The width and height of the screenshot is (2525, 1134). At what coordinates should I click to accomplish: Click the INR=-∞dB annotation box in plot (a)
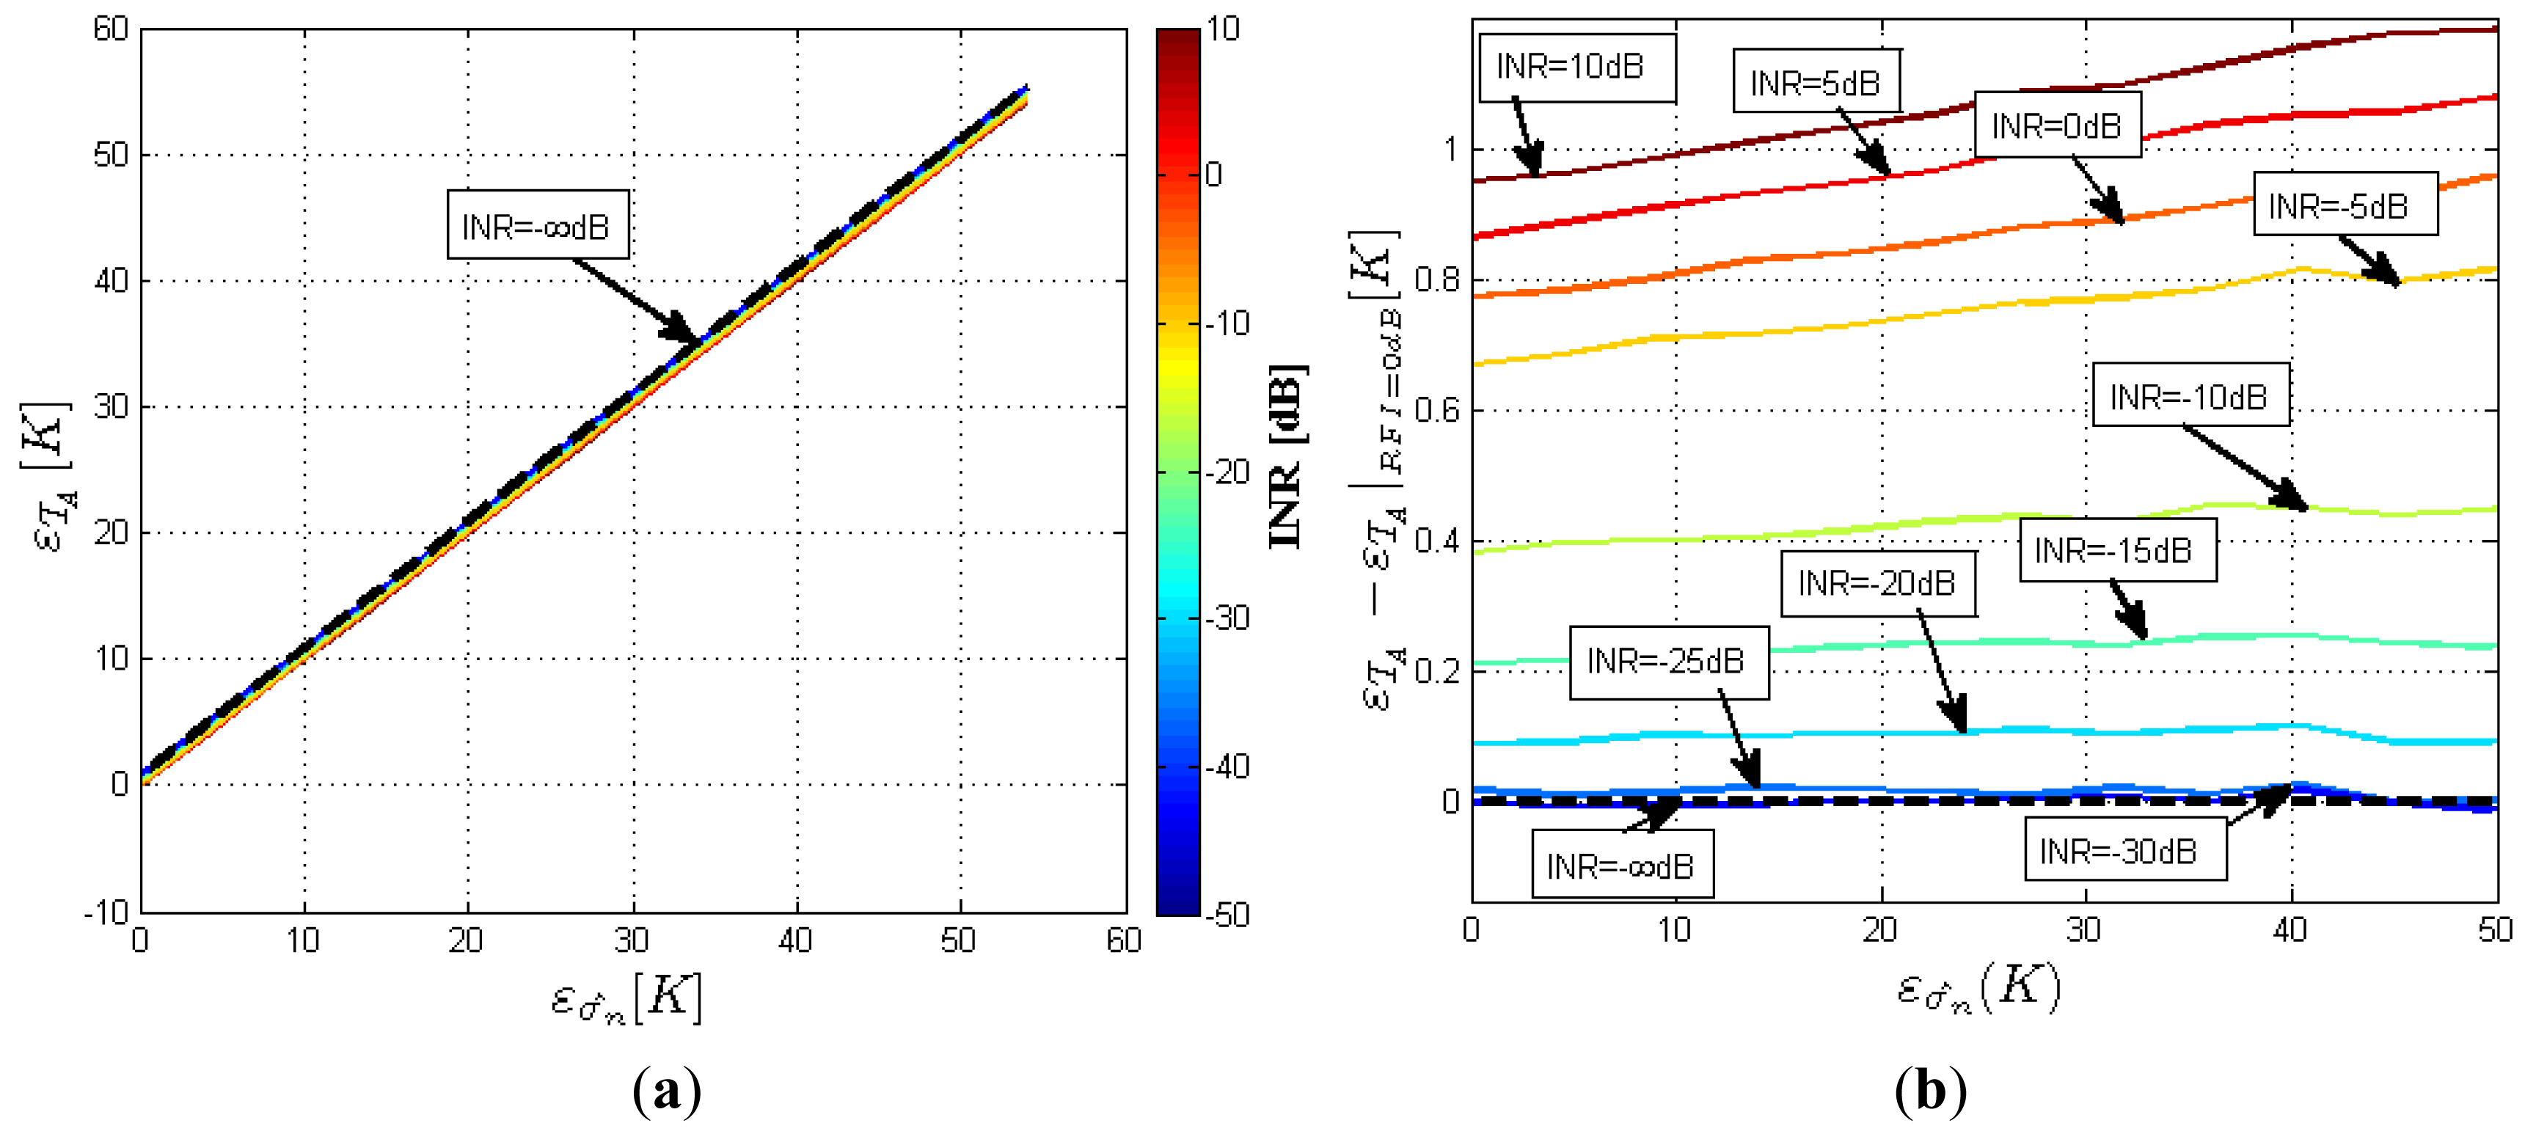pyautogui.click(x=537, y=225)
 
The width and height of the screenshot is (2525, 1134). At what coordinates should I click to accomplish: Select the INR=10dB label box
pyautogui.click(x=1576, y=67)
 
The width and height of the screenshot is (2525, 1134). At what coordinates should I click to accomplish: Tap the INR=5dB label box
pyautogui.click(x=1816, y=82)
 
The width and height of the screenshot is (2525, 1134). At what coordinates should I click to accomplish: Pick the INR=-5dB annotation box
pyautogui.click(x=2345, y=205)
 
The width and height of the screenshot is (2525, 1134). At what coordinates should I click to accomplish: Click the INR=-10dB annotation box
pyautogui.click(x=2190, y=396)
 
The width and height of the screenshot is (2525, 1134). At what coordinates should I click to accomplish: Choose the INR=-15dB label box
pyautogui.click(x=2116, y=550)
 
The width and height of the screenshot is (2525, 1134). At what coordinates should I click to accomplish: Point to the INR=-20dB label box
pyautogui.click(x=1877, y=583)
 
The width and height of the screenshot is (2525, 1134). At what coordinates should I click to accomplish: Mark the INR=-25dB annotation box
pyautogui.click(x=1668, y=662)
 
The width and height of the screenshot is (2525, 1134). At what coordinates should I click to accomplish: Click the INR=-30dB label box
pyautogui.click(x=2124, y=851)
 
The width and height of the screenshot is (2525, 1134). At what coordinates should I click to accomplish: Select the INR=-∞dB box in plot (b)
pyautogui.click(x=1622, y=866)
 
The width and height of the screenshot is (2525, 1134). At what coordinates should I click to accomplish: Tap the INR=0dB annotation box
pyautogui.click(x=2056, y=125)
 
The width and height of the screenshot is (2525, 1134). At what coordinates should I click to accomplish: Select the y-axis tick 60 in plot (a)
pyautogui.click(x=111, y=29)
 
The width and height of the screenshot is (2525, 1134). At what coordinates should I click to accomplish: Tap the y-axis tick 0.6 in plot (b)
pyautogui.click(x=1436, y=410)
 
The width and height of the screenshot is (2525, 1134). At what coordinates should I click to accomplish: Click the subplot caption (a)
pyautogui.click(x=668, y=1090)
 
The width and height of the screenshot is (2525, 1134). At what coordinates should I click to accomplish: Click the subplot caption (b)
pyautogui.click(x=1930, y=1090)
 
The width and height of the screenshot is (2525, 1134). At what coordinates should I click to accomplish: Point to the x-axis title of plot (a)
pyautogui.click(x=626, y=998)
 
